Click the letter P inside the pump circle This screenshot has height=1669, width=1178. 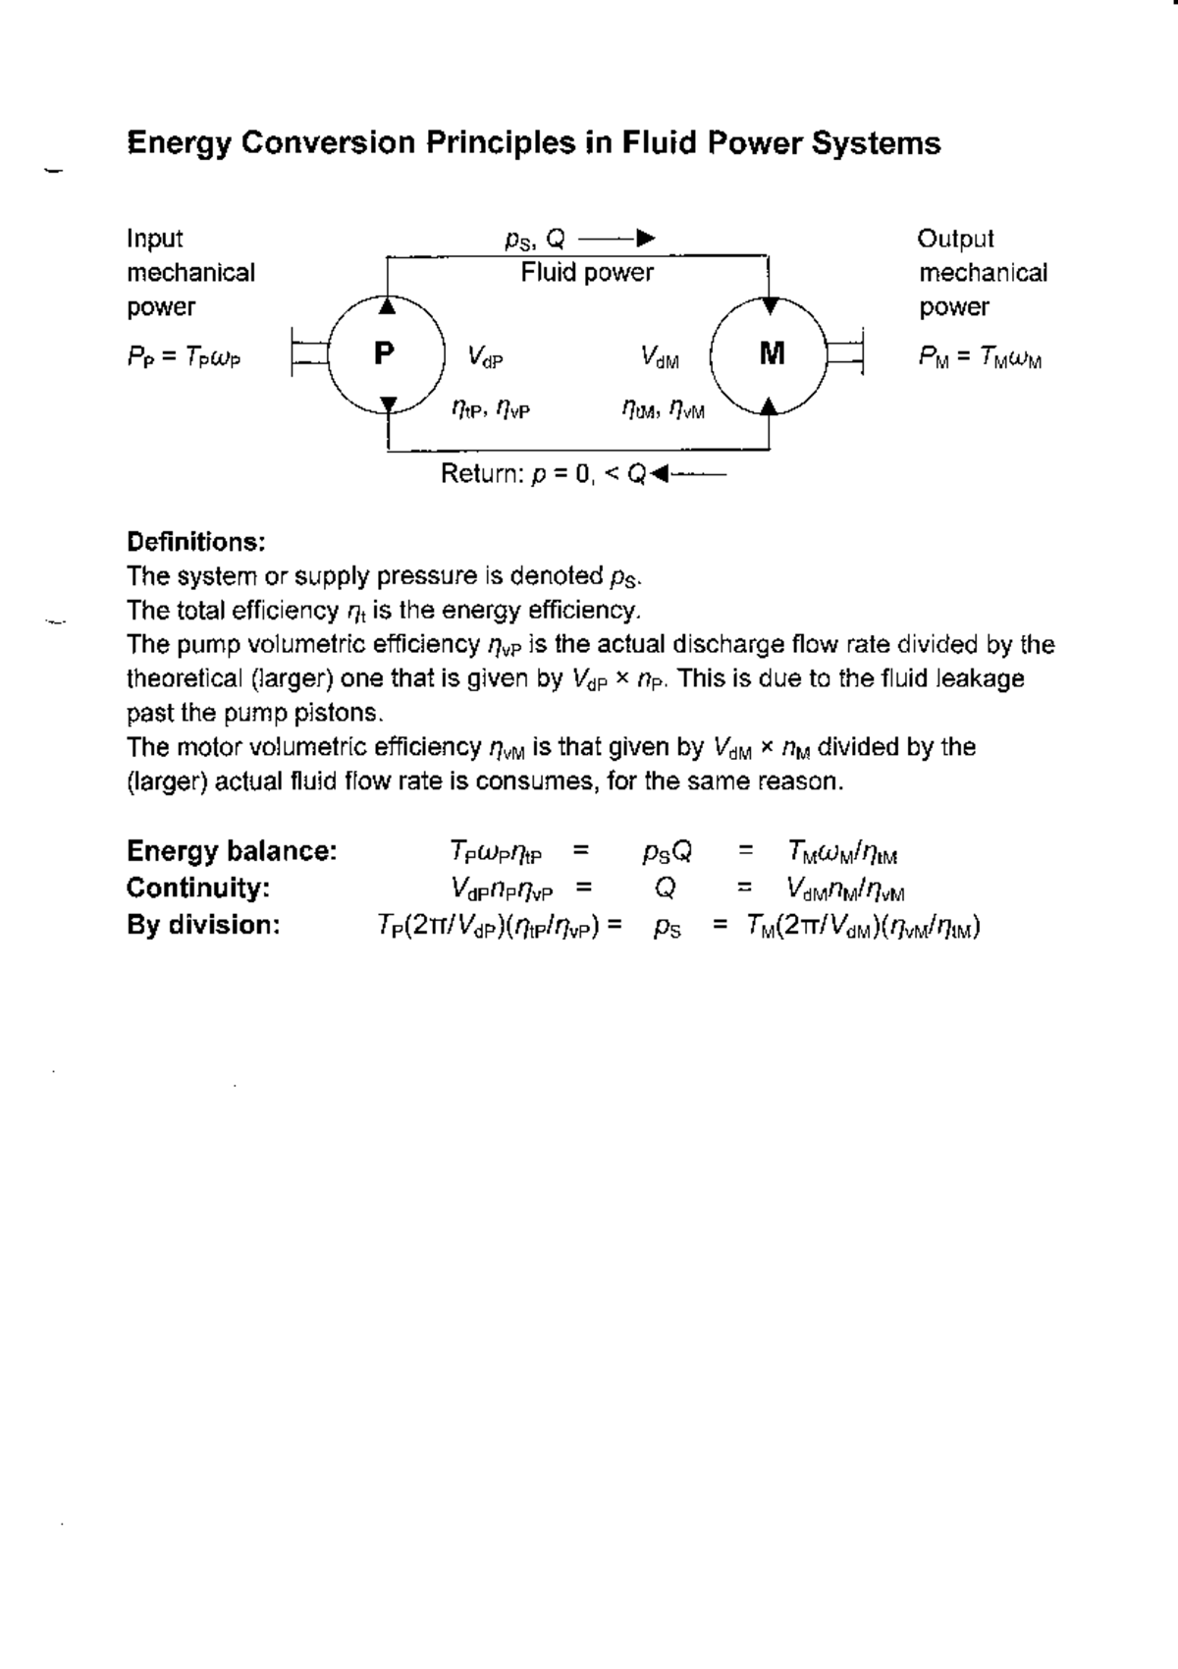pos(385,352)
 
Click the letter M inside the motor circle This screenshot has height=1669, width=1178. pos(773,353)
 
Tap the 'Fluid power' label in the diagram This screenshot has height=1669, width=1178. pos(587,272)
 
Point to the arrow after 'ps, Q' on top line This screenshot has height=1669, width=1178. pos(617,239)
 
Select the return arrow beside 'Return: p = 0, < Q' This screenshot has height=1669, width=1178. pos(690,475)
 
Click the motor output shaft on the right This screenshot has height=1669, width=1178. pos(846,353)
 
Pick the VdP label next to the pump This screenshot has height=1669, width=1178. pos(485,356)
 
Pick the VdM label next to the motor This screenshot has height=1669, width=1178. pos(659,356)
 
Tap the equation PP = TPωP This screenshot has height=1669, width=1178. pos(184,357)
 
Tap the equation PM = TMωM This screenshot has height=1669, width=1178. pos(980,357)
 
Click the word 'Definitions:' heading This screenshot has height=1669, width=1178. pos(196,542)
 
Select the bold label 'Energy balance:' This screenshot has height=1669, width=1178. pos(232,851)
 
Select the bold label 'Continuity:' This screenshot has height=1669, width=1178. pos(198,888)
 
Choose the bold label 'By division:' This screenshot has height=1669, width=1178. pos(203,925)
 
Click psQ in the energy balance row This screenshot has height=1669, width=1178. pos(668,852)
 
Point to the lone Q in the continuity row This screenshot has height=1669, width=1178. pos(665,888)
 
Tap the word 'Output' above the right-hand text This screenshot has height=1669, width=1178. pos(955,239)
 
